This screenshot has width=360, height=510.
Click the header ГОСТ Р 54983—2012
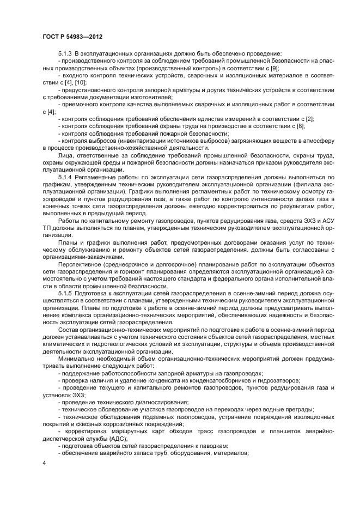pyautogui.click(x=72, y=37)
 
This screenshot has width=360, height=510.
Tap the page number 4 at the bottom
pyautogui.click(x=44, y=464)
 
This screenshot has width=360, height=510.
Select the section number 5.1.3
pyautogui.click(x=65, y=54)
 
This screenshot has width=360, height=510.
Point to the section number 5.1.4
pyautogui.click(x=65, y=178)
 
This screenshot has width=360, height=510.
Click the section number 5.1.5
pyautogui.click(x=65, y=293)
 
